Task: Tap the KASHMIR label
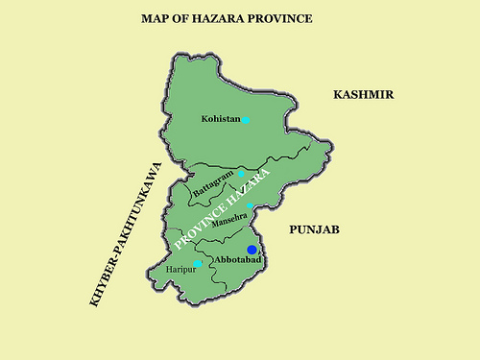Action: pos(365,94)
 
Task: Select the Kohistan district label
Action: pos(220,120)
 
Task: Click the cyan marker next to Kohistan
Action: pos(246,120)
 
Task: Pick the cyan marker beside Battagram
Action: pos(242,174)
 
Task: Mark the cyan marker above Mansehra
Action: pos(250,206)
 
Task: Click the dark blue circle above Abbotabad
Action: pos(252,250)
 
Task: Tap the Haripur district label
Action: pos(180,271)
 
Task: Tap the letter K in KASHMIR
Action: pos(338,94)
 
